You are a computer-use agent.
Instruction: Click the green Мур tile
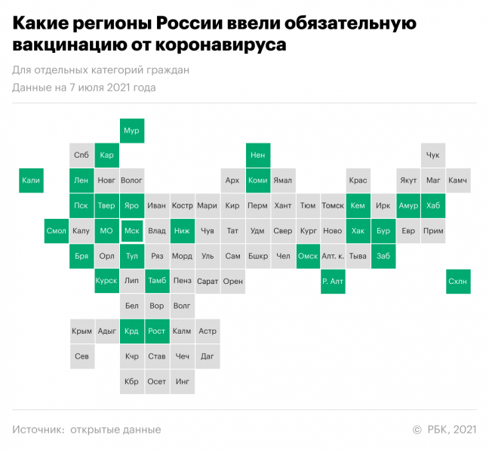click(131, 131)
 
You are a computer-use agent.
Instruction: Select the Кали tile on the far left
click(31, 180)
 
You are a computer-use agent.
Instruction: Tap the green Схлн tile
click(458, 281)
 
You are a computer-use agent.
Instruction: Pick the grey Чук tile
click(433, 156)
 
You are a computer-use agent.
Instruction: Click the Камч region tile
click(458, 180)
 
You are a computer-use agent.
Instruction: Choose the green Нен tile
click(257, 156)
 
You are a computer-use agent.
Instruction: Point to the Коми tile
click(257, 180)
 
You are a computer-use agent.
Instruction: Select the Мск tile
click(131, 231)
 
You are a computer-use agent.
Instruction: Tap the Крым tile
click(81, 331)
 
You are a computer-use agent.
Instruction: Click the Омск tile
click(308, 256)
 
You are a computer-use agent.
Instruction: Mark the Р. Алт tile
click(333, 281)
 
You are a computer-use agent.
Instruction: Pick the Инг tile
click(182, 381)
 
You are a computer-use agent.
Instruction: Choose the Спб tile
click(81, 156)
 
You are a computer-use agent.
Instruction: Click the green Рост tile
click(157, 331)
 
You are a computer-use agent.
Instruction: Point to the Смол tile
click(57, 231)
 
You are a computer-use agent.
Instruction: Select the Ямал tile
click(282, 180)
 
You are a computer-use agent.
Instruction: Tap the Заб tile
click(383, 256)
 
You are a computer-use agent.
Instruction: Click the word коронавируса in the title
click(223, 45)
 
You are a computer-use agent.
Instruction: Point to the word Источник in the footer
click(38, 430)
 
